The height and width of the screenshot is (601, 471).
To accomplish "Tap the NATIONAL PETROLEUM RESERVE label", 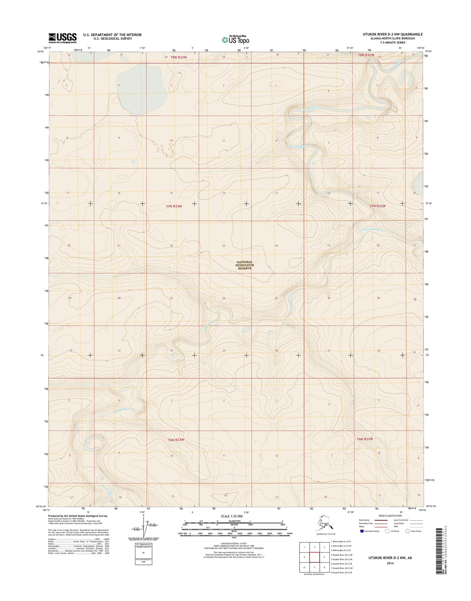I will tap(245, 265).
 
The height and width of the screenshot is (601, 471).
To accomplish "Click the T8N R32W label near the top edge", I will tap(366, 55).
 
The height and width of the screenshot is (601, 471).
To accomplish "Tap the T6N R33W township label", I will tap(174, 440).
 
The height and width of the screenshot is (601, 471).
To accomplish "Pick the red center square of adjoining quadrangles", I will tap(314, 557).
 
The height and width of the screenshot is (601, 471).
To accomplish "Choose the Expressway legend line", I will tap(382, 520).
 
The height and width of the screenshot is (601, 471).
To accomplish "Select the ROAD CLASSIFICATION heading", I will tap(390, 516).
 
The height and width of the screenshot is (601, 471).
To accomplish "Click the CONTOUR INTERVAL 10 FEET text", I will tap(234, 543).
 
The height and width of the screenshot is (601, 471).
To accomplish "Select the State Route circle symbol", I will tap(408, 531).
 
